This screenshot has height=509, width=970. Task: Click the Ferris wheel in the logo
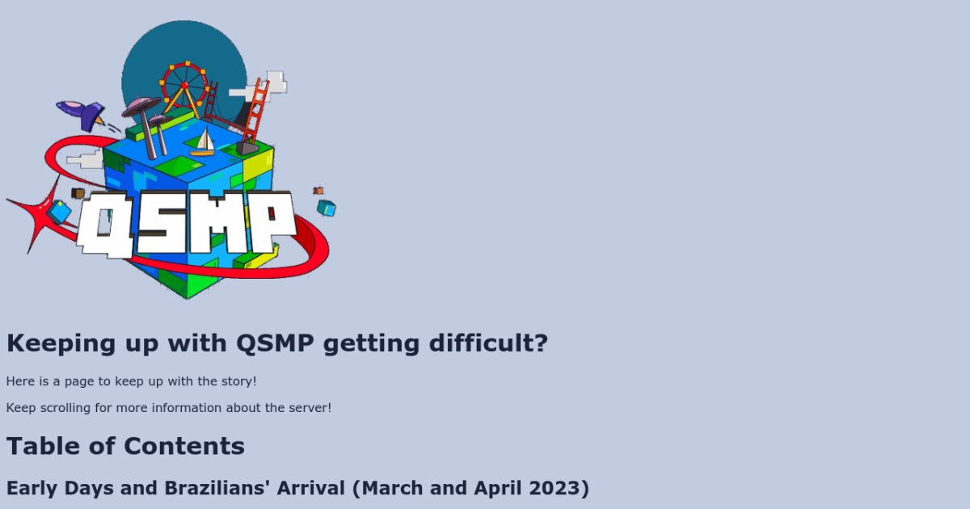pos(184,84)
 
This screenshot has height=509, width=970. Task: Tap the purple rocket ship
pos(82,112)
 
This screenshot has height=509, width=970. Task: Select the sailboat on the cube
pos(203,142)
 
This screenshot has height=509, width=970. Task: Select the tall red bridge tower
pos(255,113)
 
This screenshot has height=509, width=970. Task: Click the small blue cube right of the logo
pos(326,208)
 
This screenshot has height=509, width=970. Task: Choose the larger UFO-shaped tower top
pos(141,105)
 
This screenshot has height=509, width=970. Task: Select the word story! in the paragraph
pos(239,381)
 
